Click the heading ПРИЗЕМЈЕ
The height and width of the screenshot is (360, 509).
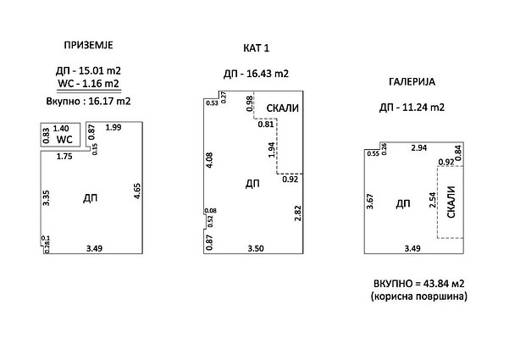(x=88, y=45)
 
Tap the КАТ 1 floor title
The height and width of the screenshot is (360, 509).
(x=256, y=48)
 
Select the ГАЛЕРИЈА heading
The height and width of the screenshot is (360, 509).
(x=412, y=82)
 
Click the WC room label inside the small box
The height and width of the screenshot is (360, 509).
(x=64, y=139)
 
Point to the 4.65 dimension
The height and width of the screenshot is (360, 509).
(x=137, y=191)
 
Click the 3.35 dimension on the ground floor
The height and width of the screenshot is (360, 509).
(x=46, y=197)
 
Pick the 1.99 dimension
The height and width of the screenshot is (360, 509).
(x=113, y=127)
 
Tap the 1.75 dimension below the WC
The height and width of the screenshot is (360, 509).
(x=64, y=157)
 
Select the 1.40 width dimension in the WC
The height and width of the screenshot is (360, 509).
(x=61, y=129)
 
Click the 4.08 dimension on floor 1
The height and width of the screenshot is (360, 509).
(x=209, y=160)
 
